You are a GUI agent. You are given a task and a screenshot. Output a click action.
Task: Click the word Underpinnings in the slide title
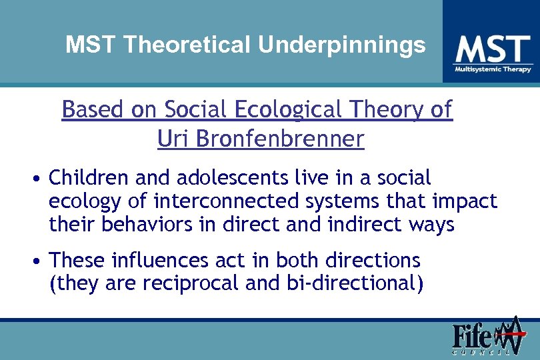[x=342, y=45]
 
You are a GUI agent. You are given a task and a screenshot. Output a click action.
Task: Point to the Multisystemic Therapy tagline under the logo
[x=493, y=69]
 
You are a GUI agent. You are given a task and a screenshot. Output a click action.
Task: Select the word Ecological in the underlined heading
[x=289, y=109]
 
